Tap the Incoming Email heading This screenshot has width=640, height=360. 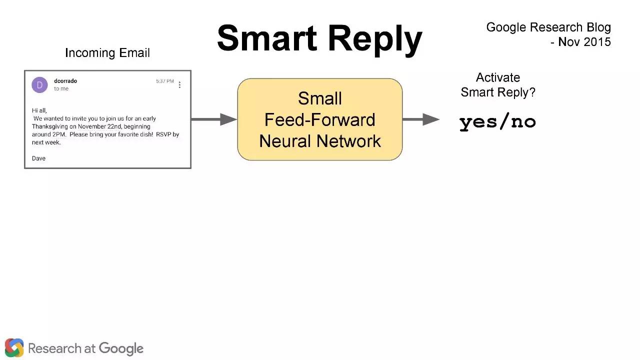pos(107,52)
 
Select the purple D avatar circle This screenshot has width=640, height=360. pos(39,85)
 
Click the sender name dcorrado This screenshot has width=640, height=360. pos(65,81)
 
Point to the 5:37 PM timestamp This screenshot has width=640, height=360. pos(165,81)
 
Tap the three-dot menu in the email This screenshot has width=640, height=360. pos(179,85)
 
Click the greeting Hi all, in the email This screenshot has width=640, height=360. pos(39,110)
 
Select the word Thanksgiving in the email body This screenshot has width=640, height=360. pos(49,126)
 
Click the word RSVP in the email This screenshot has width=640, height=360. pos(163,134)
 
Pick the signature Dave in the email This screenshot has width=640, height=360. pos(38,158)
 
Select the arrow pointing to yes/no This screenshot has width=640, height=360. pos(421,119)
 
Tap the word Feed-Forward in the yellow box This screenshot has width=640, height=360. pos(319,119)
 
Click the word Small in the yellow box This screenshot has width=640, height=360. pos(319,98)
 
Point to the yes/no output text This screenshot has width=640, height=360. pos(497,122)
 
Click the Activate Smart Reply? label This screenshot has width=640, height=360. pos(498,85)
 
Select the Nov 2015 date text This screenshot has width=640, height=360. pos(584,42)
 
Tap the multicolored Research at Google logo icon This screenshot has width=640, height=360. pos(14,347)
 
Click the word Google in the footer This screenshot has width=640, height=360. pos(121,349)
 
